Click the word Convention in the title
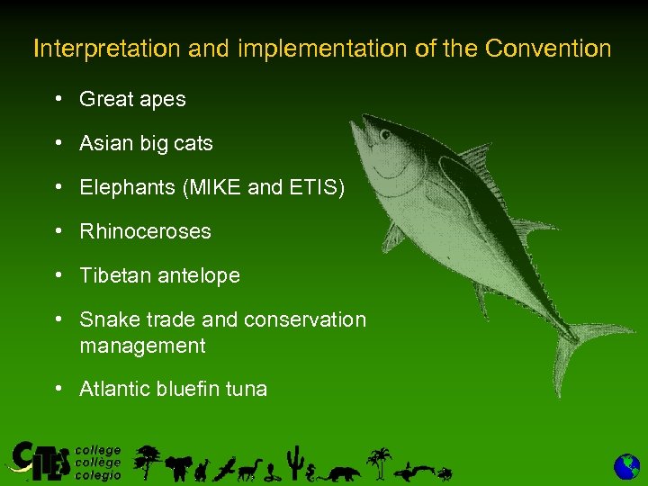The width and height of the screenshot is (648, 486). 547,49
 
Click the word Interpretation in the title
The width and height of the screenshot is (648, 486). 108,49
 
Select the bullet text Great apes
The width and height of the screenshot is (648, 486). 132,99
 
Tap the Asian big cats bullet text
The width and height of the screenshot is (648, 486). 146,143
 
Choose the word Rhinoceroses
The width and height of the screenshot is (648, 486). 145,231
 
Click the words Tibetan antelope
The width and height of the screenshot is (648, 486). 159,275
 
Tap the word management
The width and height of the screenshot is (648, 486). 142,346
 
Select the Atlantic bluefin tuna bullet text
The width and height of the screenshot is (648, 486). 173,389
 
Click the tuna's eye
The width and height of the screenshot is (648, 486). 385,137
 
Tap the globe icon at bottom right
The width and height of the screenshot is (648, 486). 626,466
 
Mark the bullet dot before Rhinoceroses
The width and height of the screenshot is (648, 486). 58,231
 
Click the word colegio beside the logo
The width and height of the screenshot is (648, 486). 97,475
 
